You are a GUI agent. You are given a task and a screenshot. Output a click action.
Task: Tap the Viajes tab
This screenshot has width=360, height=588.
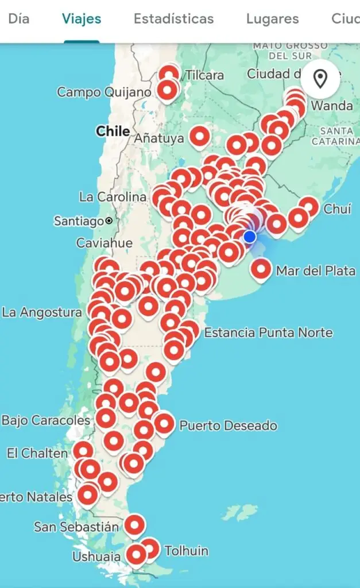coord(82,18)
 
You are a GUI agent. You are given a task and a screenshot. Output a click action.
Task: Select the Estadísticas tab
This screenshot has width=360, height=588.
coord(173,18)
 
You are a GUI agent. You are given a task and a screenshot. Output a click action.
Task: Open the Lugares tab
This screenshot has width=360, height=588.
coord(272,18)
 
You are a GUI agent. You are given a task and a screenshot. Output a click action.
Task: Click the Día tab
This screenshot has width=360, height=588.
coord(18,18)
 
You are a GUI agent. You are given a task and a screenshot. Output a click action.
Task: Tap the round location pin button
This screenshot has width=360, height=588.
coord(320,79)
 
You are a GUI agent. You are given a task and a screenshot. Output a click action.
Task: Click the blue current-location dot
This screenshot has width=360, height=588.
coord(249,237)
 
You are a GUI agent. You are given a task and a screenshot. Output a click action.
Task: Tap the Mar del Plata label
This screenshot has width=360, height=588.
coord(315,270)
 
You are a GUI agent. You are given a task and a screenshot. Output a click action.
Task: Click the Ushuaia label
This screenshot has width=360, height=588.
coord(96,556)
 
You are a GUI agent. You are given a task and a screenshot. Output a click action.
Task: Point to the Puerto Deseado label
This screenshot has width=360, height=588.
coord(228,425)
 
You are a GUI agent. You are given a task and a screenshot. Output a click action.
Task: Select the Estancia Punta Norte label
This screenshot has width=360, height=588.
coord(268,332)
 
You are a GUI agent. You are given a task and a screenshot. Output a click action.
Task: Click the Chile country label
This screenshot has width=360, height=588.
coord(113,131)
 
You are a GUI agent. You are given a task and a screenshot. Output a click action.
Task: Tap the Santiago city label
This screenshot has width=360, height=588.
coord(79,220)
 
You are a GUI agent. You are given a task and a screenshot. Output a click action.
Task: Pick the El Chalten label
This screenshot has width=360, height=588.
coord(37,453)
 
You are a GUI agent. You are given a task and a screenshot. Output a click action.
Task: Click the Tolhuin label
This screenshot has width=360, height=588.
coord(186,551)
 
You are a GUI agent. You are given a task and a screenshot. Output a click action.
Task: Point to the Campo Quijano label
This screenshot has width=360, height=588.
coord(104,92)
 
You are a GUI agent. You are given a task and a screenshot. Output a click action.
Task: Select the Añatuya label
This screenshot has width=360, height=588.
coord(158,138)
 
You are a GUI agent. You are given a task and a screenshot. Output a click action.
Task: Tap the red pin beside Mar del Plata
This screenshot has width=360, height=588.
coord(261,269)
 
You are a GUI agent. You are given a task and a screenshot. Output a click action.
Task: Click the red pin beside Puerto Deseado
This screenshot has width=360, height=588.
coord(164,424)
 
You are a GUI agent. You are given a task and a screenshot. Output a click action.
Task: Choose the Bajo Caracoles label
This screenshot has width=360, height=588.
coord(46,420)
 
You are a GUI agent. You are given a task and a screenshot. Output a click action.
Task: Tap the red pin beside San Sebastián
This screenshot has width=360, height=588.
coord(134,524)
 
